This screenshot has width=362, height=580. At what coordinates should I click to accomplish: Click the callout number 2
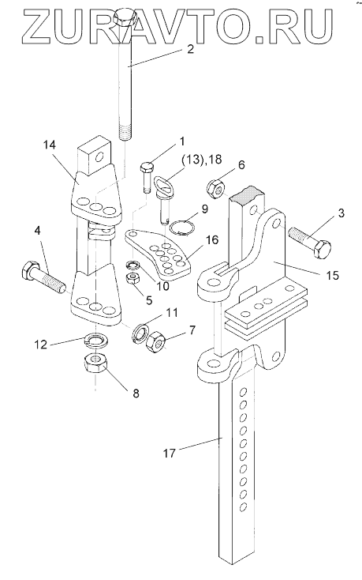[190, 49]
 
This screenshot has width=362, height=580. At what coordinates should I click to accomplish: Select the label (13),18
[201, 160]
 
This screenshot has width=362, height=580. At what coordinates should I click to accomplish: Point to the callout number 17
[169, 453]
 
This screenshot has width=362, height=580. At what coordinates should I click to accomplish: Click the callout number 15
[332, 275]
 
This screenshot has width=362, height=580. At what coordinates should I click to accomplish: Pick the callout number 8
[136, 393]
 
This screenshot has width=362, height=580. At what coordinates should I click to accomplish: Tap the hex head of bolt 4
[29, 270]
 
